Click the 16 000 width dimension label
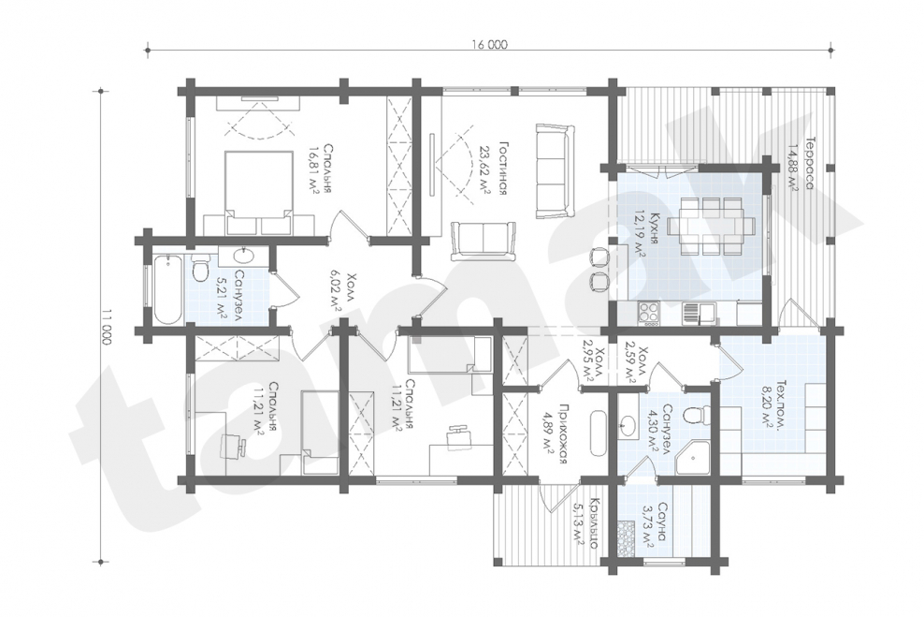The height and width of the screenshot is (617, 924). coord(488,45)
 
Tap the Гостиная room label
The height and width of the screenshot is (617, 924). coord(503,169)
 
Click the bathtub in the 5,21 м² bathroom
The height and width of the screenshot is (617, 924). coord(168,289)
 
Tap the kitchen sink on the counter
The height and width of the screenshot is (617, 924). coord(699,313)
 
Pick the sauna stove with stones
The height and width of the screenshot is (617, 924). coord(626,537)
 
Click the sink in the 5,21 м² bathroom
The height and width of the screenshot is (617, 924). coord(243,255)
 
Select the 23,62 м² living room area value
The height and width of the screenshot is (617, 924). coord(486,169)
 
